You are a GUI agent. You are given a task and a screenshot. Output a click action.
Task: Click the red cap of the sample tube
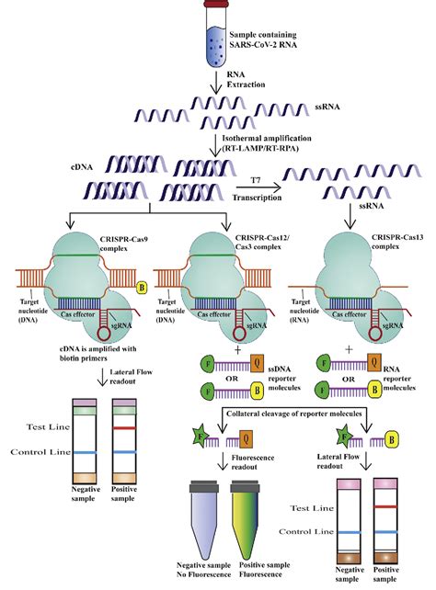click(218, 6)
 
